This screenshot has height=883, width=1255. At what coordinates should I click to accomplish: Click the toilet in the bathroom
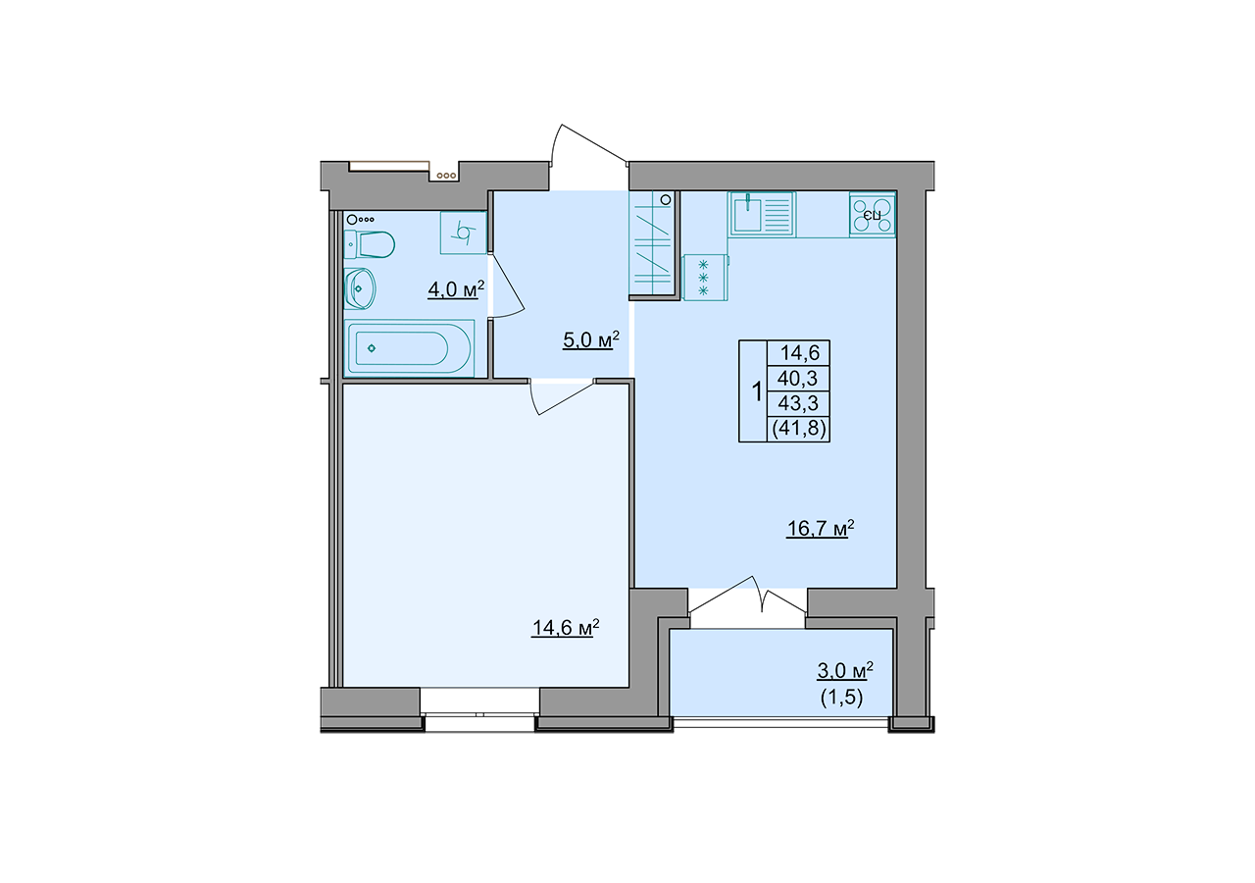pyautogui.click(x=369, y=244)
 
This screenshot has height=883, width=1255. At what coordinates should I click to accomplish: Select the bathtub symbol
pyautogui.click(x=409, y=348)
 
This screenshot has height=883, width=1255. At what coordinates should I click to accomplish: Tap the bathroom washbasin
pyautogui.click(x=359, y=288)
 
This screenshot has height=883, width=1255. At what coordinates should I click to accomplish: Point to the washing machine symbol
pyautogui.click(x=464, y=233)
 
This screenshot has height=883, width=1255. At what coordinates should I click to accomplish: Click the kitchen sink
pyautogui.click(x=762, y=214)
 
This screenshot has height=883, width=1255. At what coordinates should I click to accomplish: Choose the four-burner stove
pyautogui.click(x=873, y=215)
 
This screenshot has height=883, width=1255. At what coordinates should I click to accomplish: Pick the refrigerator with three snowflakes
pyautogui.click(x=705, y=278)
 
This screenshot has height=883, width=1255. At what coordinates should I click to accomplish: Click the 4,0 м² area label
pyautogui.click(x=456, y=289)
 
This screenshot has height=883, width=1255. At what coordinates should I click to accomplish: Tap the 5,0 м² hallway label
pyautogui.click(x=591, y=339)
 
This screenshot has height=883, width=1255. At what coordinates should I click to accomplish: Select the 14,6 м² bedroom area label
pyautogui.click(x=566, y=627)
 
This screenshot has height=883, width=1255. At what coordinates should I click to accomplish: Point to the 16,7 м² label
pyautogui.click(x=821, y=528)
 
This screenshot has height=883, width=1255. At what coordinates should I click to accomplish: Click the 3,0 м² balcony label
pyautogui.click(x=845, y=670)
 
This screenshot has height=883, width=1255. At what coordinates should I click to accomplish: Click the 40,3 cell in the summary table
pyautogui.click(x=798, y=379)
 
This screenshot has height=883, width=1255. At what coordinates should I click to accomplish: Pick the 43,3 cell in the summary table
pyautogui.click(x=798, y=403)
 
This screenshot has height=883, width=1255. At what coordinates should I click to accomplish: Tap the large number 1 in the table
pyautogui.click(x=756, y=391)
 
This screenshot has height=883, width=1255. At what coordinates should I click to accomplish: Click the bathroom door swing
pyautogui.click(x=507, y=286)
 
